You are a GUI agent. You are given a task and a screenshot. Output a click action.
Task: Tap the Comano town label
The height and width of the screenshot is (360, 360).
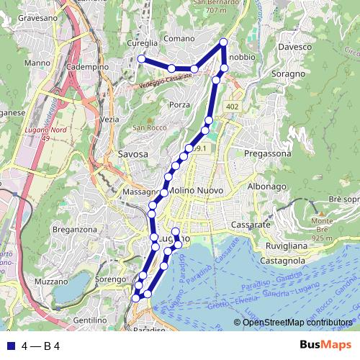point(179,38)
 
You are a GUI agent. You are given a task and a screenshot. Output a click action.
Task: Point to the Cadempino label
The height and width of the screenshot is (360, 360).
point(88,66)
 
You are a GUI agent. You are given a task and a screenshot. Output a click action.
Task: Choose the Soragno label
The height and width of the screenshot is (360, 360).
point(289,73)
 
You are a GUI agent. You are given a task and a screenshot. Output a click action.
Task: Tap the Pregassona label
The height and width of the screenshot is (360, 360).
point(266,154)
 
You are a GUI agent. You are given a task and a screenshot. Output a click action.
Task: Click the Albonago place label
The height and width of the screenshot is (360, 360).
point(267,186)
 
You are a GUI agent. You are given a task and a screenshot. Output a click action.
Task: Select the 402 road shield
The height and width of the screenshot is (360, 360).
point(231,107)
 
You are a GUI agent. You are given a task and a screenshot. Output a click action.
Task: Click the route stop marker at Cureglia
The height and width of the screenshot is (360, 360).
point(141,58)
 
